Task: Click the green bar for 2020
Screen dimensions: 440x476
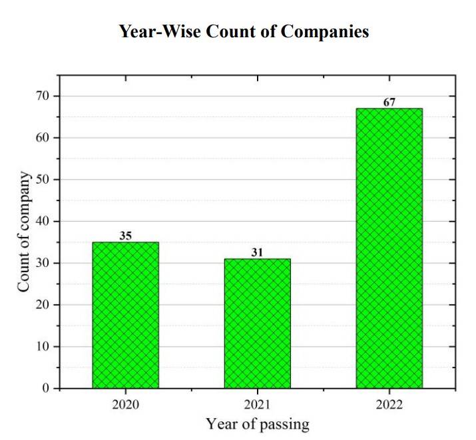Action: (125, 315)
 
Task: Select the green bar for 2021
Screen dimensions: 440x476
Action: (257, 324)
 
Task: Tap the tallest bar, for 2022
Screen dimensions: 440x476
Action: (389, 248)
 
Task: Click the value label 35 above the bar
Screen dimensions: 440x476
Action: (125, 236)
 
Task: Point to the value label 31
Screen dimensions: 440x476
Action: (257, 252)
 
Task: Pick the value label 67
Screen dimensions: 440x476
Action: (389, 102)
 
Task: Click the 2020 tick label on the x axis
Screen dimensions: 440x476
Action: (125, 403)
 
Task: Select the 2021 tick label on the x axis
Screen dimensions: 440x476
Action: (257, 403)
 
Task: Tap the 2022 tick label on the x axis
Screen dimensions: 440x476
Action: (389, 403)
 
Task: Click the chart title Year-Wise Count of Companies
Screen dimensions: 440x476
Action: (244, 31)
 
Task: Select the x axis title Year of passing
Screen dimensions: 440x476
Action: (257, 424)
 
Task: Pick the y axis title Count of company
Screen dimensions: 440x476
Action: (23, 232)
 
